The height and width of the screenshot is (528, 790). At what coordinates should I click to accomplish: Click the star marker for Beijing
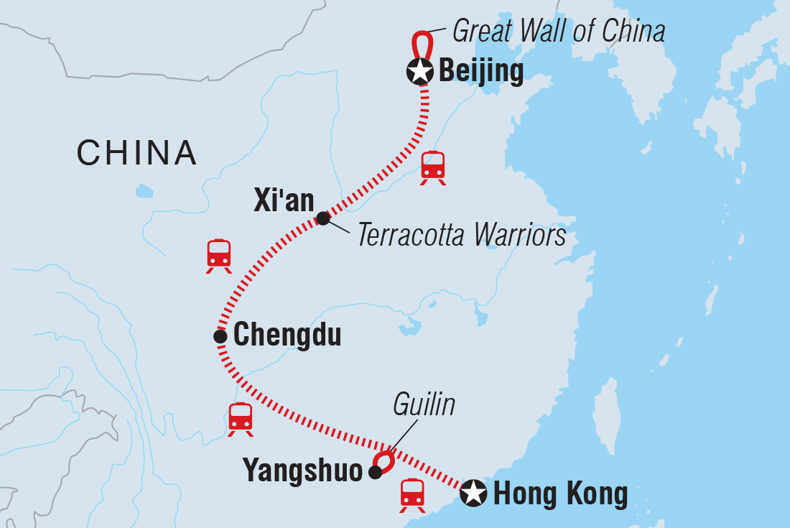419,71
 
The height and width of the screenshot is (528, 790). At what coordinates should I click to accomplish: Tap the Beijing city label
480,72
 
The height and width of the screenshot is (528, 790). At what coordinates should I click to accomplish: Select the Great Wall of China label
559,31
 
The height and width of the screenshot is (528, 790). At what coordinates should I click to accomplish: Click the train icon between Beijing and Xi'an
433,167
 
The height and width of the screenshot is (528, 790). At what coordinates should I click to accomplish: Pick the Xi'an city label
284,201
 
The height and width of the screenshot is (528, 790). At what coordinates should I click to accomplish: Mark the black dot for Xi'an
323,218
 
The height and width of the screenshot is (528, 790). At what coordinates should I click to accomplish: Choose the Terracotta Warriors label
462,234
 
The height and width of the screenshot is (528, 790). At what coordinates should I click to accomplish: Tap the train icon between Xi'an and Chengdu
219,255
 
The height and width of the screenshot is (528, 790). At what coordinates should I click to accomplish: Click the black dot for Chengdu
220,335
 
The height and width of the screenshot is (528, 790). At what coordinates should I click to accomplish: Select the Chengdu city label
287,335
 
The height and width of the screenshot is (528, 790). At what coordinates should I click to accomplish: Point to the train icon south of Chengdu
240,419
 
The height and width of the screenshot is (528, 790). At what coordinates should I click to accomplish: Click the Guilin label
424,405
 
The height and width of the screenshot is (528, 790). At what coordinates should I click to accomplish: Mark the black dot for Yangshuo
375,472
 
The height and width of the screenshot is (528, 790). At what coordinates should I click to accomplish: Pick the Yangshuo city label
302,471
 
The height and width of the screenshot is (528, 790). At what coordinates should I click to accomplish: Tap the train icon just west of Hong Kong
412,495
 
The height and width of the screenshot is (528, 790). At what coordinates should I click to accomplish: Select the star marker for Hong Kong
473,493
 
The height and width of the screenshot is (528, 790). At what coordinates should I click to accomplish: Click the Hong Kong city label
560,494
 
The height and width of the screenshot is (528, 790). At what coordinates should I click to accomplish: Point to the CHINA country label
136,152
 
